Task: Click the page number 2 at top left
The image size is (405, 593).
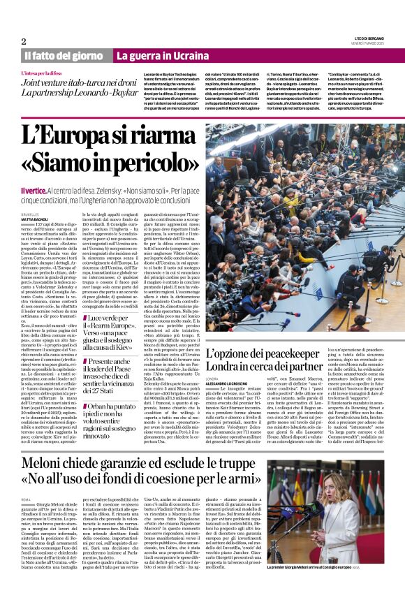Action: [24, 42]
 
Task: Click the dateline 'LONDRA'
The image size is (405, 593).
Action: [213, 380]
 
